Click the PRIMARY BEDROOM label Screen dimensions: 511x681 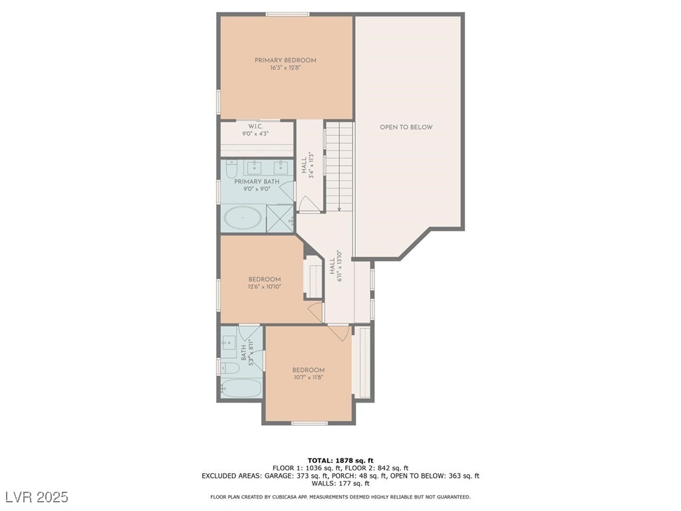coord(285,61)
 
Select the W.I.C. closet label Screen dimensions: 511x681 coord(257,126)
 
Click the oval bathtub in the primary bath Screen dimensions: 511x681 coord(243,218)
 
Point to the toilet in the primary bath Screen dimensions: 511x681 coord(231,172)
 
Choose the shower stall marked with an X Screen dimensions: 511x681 coord(280,218)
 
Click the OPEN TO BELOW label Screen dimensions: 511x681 coord(406,127)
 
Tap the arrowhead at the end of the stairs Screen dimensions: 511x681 coord(339,209)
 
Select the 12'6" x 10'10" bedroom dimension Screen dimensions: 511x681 coord(265,287)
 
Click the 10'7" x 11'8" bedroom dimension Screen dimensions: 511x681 coord(308,378)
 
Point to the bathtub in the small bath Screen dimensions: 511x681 coord(241,388)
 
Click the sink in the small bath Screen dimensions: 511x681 coord(230,343)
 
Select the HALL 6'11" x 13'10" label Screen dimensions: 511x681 coord(335,267)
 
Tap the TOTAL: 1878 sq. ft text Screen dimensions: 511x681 coord(340,460)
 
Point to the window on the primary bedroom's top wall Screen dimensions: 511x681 coord(287,14)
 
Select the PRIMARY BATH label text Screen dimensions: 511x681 coord(256,182)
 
